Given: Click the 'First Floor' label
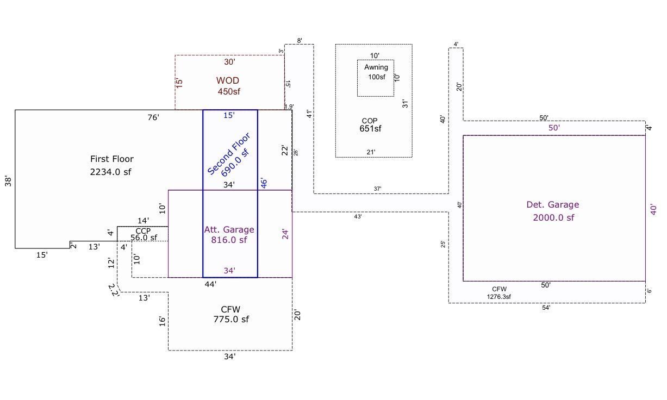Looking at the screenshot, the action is click(x=112, y=159).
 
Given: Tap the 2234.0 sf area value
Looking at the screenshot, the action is click(x=110, y=172).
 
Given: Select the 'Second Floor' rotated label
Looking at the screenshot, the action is click(x=229, y=154).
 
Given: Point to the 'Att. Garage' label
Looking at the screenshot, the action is click(x=229, y=229).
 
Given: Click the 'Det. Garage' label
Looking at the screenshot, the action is click(x=553, y=204).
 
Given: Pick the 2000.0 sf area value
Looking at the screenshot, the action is click(x=553, y=217).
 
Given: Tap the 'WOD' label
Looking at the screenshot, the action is click(x=227, y=80).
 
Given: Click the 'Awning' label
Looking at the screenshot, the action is click(x=376, y=67).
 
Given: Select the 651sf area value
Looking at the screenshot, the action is click(x=370, y=129).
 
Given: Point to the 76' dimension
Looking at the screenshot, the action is click(x=153, y=117).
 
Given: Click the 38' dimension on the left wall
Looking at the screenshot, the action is click(x=8, y=182).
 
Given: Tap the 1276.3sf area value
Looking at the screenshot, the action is click(x=499, y=297).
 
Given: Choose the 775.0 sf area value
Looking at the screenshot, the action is click(x=231, y=319).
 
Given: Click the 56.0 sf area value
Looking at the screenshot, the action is click(x=144, y=237).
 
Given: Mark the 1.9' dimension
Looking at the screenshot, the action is click(x=289, y=107).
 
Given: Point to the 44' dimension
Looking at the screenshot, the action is click(x=210, y=284).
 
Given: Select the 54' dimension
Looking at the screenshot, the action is click(x=546, y=308).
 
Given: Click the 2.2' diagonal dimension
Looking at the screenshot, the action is click(x=114, y=290).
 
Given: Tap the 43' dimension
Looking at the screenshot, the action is click(x=358, y=217).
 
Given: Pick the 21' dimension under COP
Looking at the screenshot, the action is click(x=371, y=152).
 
